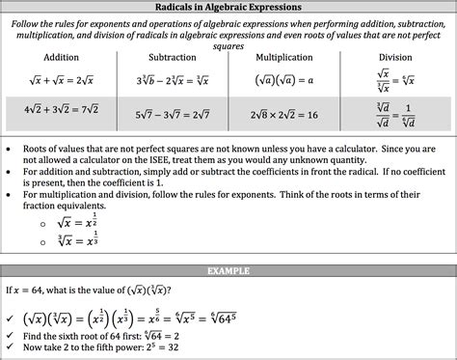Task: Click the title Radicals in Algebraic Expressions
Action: [x=229, y=7]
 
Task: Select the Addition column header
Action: [x=61, y=57]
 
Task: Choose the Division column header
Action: [x=395, y=57]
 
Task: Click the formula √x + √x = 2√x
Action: [x=61, y=80]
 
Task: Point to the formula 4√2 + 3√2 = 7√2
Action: [x=61, y=115]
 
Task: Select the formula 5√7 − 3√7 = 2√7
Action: [x=173, y=115]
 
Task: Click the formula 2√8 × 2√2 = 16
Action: [x=285, y=115]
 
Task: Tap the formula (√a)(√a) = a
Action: [x=285, y=80]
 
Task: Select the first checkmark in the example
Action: [x=11, y=317]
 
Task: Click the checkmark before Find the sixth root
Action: [x=11, y=337]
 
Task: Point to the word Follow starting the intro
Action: [x=30, y=21]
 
